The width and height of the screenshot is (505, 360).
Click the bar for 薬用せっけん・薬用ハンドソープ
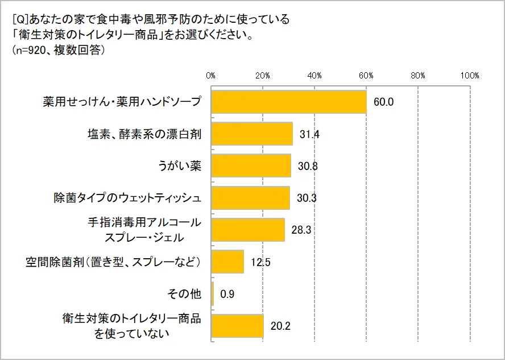[288, 102]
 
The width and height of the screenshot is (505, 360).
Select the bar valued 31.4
[251, 134]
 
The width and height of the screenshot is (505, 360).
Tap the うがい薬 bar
[251, 166]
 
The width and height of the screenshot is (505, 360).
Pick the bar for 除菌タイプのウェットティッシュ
[250, 198]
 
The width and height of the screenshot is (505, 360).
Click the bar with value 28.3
[247, 230]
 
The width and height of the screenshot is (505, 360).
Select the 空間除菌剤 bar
[227, 262]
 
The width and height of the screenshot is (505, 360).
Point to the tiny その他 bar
[212, 294]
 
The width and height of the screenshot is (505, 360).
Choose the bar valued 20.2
[237, 326]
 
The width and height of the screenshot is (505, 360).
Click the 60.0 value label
[384, 102]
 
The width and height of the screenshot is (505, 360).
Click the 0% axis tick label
[211, 76]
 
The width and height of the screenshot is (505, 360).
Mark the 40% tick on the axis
[314, 76]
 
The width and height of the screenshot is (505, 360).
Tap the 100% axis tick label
[470, 76]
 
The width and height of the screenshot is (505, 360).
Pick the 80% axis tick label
[418, 76]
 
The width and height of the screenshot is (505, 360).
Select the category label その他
[184, 294]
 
